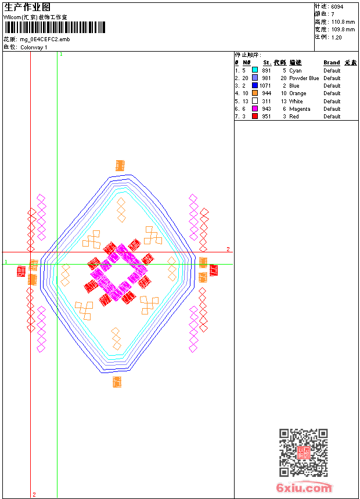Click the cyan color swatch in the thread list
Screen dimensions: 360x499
[255, 70]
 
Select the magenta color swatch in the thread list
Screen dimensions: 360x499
[255, 109]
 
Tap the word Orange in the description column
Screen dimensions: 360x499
[297, 93]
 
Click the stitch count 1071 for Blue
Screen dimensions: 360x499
[265, 86]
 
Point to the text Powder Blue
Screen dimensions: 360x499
[304, 78]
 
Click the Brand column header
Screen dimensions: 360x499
[332, 63]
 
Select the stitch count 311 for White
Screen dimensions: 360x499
[267, 101]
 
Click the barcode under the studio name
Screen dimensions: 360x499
[55, 27]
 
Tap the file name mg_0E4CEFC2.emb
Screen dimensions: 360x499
[45, 39]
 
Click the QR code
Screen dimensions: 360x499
[304, 453]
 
